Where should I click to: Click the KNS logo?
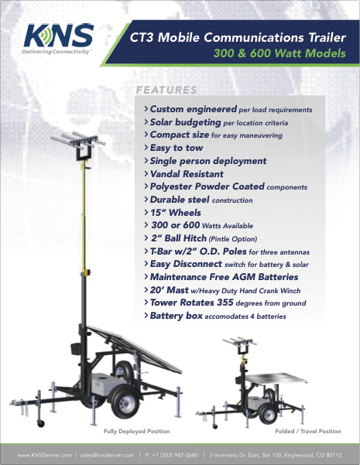click(x=59, y=39)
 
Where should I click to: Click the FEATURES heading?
click(x=166, y=90)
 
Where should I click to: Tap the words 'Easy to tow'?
click(x=177, y=148)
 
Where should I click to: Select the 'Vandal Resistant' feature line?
click(x=187, y=174)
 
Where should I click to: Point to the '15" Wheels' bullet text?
click(x=176, y=213)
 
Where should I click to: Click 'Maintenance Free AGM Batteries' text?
click(x=224, y=277)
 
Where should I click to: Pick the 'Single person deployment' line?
click(x=208, y=161)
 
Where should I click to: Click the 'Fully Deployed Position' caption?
click(x=136, y=431)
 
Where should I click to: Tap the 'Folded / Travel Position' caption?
click(x=308, y=431)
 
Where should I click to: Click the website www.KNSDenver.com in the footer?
click(x=45, y=455)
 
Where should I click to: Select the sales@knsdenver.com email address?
click(x=107, y=455)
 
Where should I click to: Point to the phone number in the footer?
click(x=172, y=455)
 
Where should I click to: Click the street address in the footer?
click(x=276, y=455)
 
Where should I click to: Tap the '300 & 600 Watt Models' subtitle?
click(x=279, y=53)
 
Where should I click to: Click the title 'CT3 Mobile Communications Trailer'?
click(x=238, y=38)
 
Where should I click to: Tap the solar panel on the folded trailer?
click(x=276, y=378)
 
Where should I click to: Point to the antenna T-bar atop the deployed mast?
click(x=77, y=140)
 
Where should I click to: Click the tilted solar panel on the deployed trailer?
click(x=135, y=348)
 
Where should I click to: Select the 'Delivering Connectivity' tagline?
click(x=56, y=52)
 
